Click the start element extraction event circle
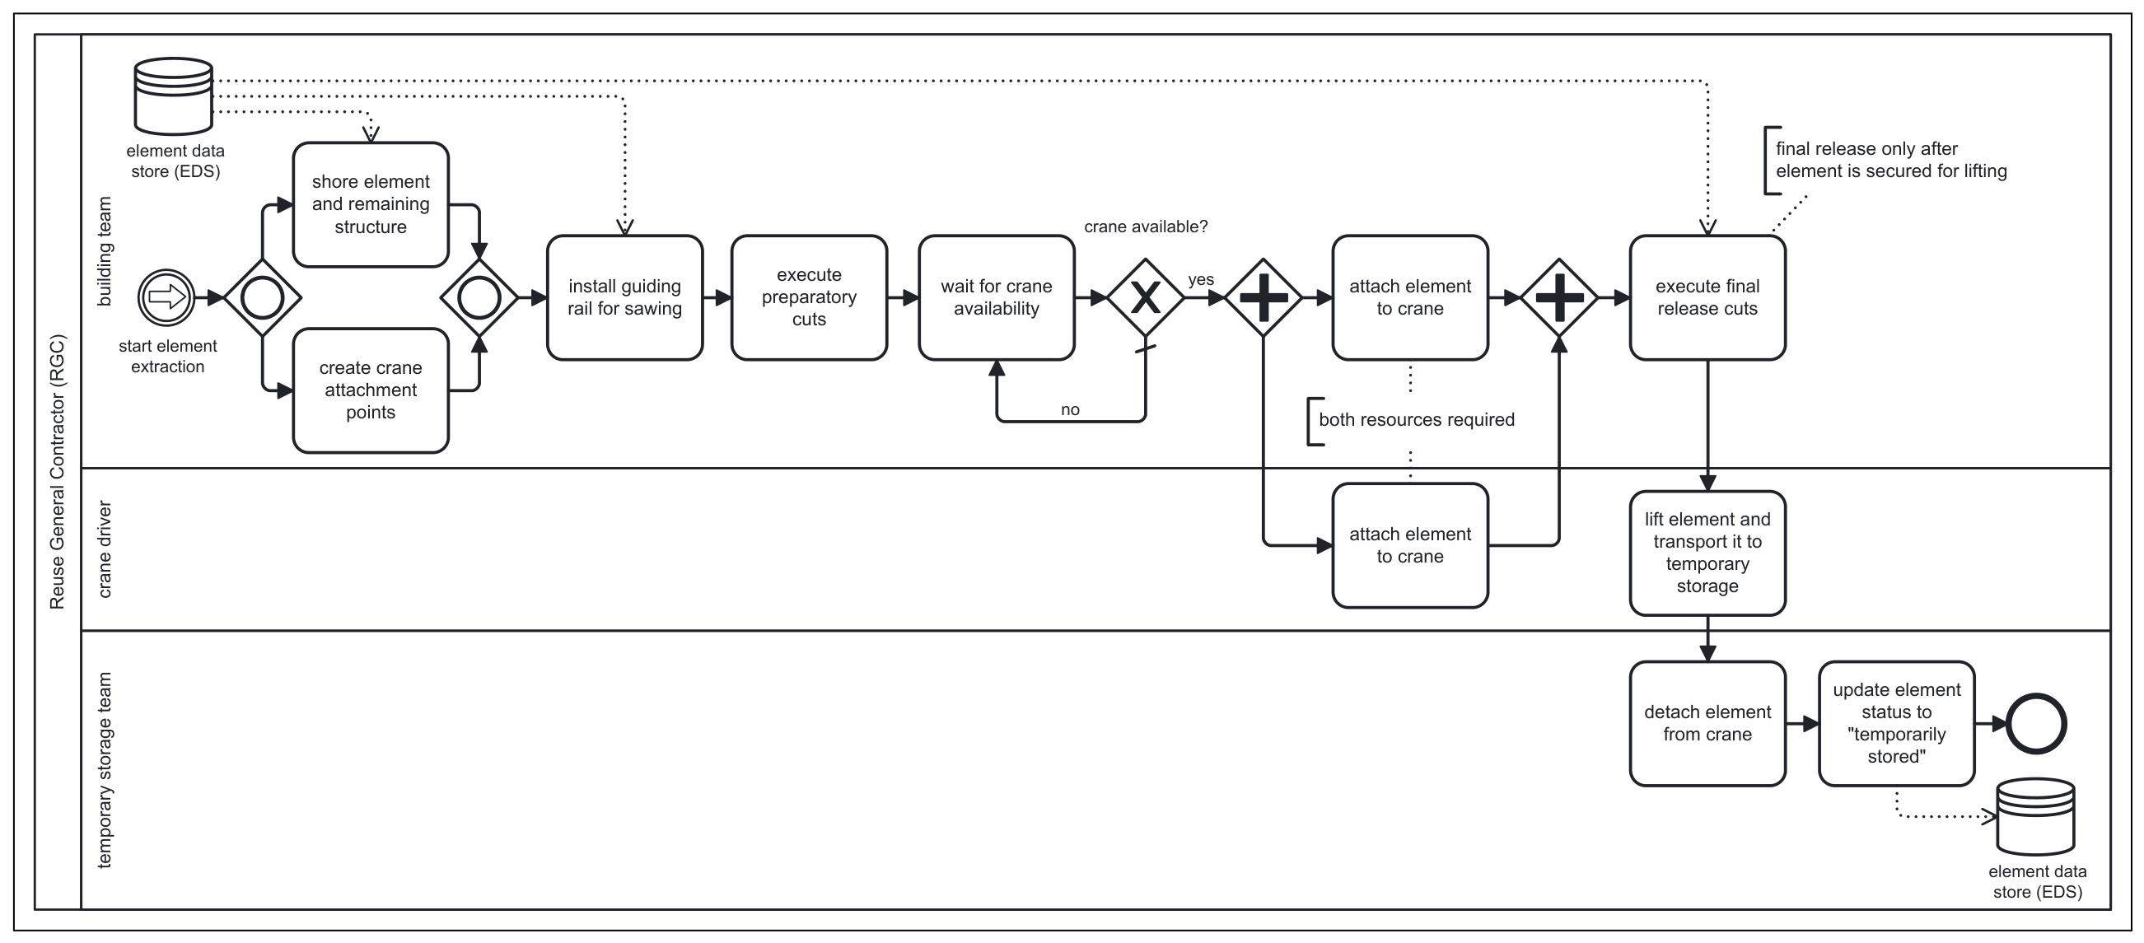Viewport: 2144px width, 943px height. (166, 297)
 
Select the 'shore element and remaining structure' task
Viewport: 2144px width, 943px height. (371, 205)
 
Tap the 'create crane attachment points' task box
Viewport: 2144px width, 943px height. (371, 390)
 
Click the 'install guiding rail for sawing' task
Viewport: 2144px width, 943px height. (624, 297)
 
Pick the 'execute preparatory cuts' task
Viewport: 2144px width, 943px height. (809, 297)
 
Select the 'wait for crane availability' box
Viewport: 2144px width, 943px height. (997, 297)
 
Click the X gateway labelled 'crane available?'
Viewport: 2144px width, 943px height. (1145, 297)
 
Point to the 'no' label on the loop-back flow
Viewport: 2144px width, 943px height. (1070, 409)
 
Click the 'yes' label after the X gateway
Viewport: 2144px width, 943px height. (1201, 280)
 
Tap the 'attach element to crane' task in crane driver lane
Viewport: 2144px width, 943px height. (1410, 545)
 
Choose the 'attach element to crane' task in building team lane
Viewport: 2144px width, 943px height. (1410, 297)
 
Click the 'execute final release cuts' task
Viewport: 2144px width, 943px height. (1707, 297)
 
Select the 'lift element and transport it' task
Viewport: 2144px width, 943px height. (1707, 553)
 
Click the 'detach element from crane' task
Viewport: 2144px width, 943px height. (1707, 723)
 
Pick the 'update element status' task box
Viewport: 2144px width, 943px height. (1897, 723)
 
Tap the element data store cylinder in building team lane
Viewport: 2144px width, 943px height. (174, 96)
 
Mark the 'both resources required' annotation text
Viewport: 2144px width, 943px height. (1417, 419)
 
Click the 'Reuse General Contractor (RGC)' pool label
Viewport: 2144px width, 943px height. (57, 472)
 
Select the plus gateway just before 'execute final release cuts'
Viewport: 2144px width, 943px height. (1559, 297)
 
